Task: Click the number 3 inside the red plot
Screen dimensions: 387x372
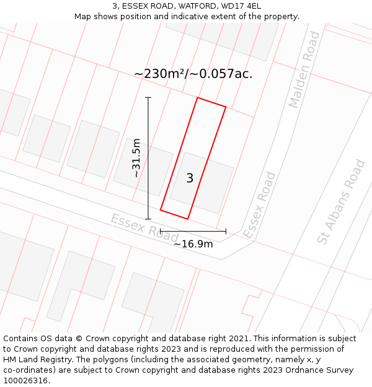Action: click(190, 178)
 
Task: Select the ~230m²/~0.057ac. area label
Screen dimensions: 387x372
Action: click(193, 74)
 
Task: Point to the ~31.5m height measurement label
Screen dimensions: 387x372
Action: click(136, 158)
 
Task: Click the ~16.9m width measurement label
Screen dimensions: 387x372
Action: click(193, 244)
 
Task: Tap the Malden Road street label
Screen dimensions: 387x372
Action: click(304, 69)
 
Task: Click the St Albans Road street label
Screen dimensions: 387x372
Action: click(341, 202)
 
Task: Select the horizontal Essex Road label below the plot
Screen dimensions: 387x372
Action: click(144, 228)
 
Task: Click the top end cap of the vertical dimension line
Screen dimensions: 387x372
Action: click(148, 98)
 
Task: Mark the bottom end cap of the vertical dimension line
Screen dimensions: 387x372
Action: click(148, 219)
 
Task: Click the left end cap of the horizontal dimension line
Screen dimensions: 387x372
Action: click(161, 232)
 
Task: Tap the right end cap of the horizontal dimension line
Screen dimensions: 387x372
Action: click(226, 232)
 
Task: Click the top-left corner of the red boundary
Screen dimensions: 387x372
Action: click(197, 98)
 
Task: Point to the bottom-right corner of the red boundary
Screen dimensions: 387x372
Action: click(187, 219)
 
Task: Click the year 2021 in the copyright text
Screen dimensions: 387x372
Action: click(237, 339)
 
